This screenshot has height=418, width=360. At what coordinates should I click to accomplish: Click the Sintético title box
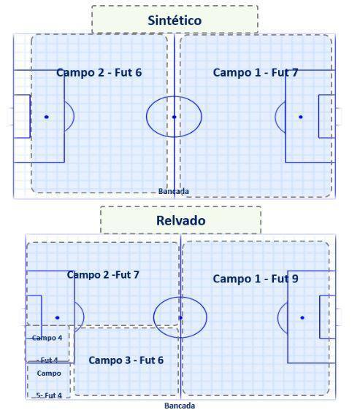175,19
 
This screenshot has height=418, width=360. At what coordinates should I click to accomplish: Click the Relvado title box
180,220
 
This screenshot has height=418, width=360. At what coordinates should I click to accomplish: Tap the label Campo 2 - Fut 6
99,72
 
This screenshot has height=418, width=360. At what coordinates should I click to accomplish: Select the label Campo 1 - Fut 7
256,72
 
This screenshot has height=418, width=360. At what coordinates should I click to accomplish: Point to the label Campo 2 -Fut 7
103,275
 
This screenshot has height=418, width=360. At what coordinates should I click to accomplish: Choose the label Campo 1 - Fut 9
256,279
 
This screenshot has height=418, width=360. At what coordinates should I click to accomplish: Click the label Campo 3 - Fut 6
126,360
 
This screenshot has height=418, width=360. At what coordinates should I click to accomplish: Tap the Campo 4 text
47,338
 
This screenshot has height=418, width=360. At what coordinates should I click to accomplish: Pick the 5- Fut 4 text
49,395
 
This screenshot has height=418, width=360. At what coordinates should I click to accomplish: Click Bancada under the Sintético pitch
174,191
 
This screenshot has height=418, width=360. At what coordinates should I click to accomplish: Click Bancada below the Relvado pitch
180,406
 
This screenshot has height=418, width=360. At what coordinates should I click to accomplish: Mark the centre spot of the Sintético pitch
175,117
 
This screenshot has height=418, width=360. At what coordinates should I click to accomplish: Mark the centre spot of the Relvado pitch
180,318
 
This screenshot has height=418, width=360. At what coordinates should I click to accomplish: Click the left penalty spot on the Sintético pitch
47,117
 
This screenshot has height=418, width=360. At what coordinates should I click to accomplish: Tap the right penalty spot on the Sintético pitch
301,117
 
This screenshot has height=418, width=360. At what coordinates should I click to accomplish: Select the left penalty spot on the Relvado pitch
58,318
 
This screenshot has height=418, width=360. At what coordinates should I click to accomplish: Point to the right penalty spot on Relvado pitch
302,318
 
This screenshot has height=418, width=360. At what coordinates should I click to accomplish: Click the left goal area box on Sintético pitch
30,116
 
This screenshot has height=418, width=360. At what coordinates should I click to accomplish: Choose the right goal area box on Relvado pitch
320,317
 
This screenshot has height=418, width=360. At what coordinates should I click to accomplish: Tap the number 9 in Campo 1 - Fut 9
295,279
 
